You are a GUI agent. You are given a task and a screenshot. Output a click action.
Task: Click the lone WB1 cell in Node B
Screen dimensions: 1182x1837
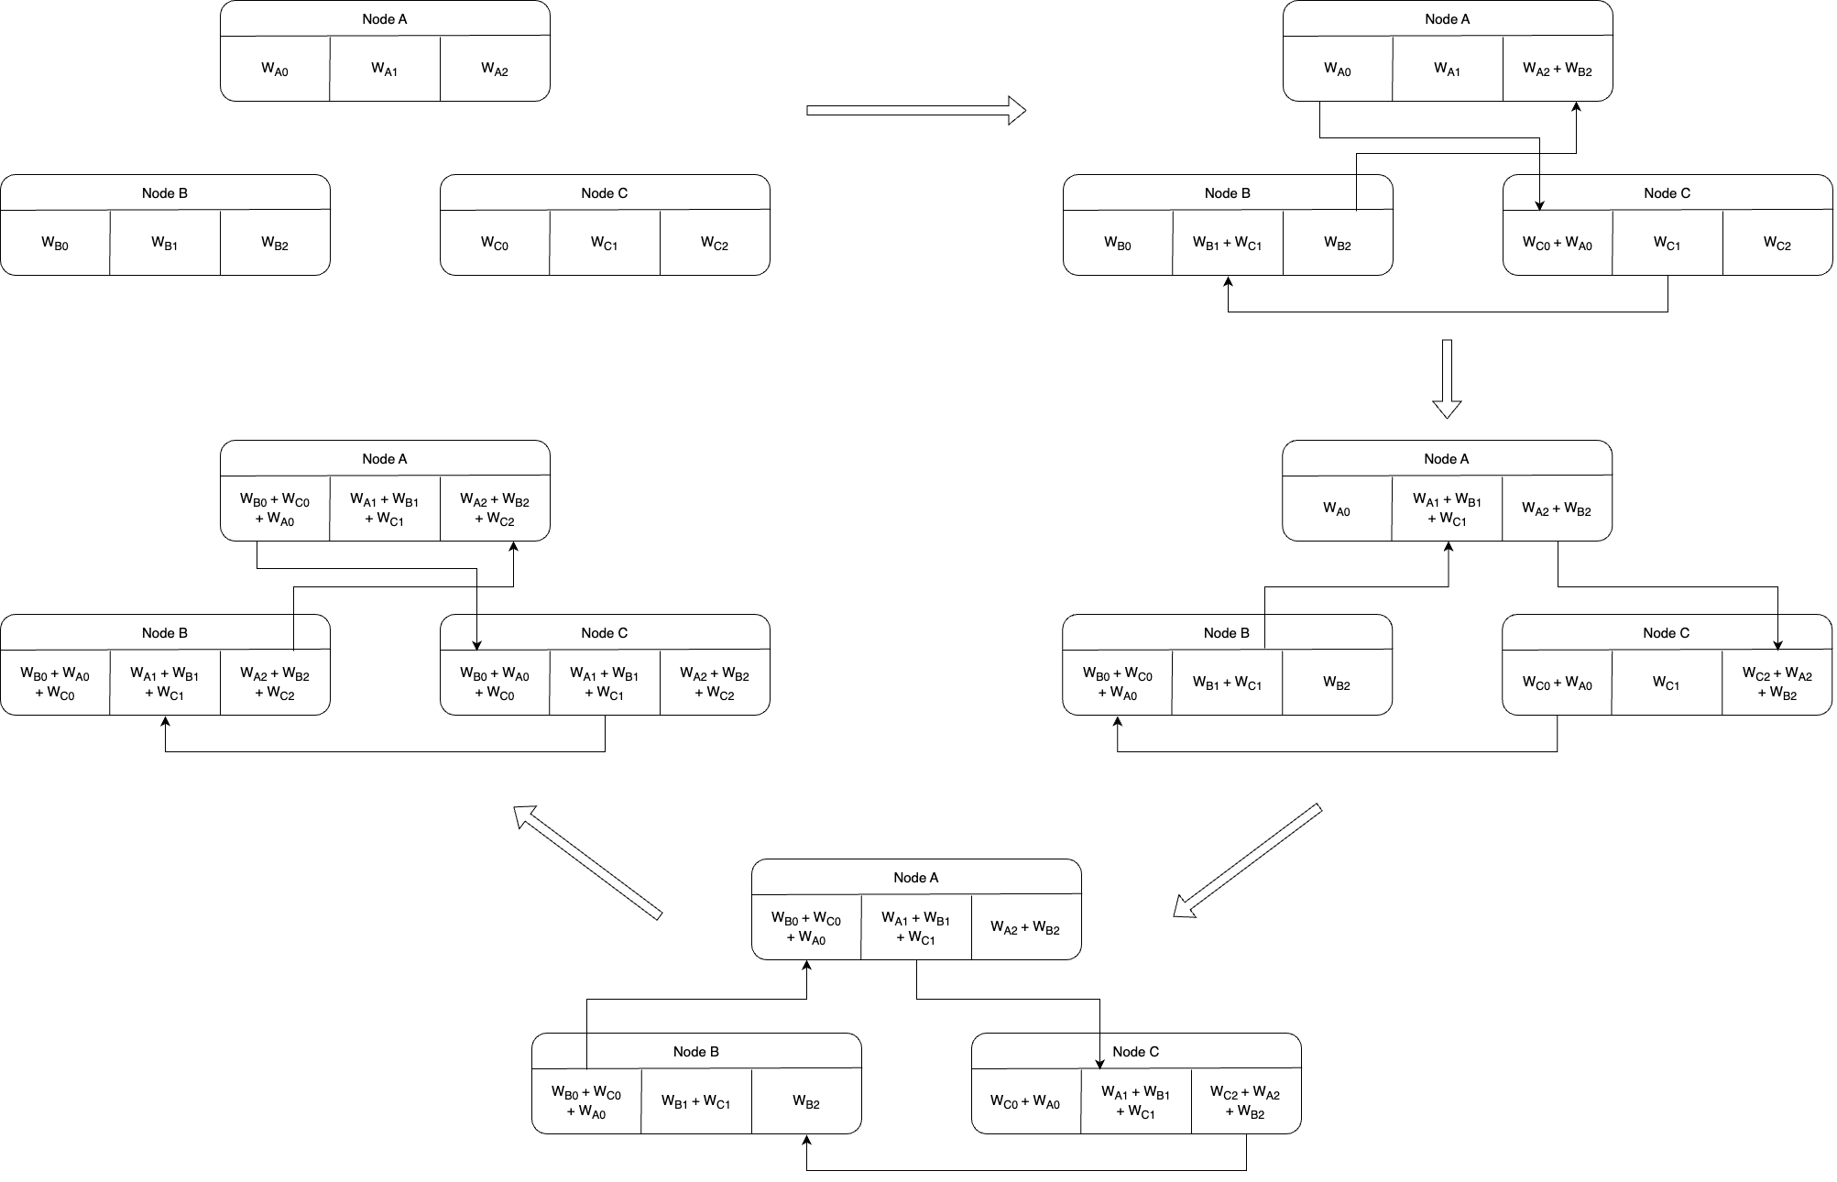[165, 243]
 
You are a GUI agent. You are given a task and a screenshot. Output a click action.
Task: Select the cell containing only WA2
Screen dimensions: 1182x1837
[495, 70]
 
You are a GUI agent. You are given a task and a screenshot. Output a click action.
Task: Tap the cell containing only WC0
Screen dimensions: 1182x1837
[495, 243]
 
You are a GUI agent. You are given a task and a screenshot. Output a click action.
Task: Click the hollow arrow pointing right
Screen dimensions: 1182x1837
[915, 110]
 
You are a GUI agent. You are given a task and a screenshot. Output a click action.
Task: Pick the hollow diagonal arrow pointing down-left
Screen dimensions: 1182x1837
[1247, 860]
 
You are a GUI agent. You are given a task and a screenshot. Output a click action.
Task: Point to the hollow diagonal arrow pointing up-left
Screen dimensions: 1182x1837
[587, 861]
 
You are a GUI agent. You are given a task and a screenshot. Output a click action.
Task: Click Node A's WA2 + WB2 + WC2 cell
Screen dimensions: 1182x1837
[495, 509]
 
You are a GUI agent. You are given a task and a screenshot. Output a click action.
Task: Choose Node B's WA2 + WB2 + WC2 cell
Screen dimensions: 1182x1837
[275, 684]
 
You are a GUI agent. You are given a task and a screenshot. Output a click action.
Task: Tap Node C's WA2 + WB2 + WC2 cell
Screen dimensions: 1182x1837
[715, 684]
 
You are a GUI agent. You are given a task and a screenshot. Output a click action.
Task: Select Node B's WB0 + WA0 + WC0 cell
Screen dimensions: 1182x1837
[55, 684]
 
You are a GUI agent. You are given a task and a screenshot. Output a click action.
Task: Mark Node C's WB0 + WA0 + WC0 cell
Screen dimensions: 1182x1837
[495, 684]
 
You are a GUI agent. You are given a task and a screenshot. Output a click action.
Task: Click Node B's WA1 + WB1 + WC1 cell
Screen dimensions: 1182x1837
[165, 684]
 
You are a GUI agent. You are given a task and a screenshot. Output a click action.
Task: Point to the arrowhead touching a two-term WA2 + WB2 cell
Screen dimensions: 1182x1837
[1577, 107]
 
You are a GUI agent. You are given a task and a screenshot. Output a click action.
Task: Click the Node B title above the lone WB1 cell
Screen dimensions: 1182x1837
[165, 192]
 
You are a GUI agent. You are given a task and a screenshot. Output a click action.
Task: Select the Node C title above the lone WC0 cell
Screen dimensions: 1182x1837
[605, 192]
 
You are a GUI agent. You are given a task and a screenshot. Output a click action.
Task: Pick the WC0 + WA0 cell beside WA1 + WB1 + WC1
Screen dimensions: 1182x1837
[1025, 1102]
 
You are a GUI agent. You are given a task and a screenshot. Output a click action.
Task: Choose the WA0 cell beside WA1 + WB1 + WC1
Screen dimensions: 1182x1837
[1337, 509]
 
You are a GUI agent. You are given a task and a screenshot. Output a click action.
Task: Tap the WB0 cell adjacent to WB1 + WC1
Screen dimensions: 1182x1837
[1118, 243]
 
